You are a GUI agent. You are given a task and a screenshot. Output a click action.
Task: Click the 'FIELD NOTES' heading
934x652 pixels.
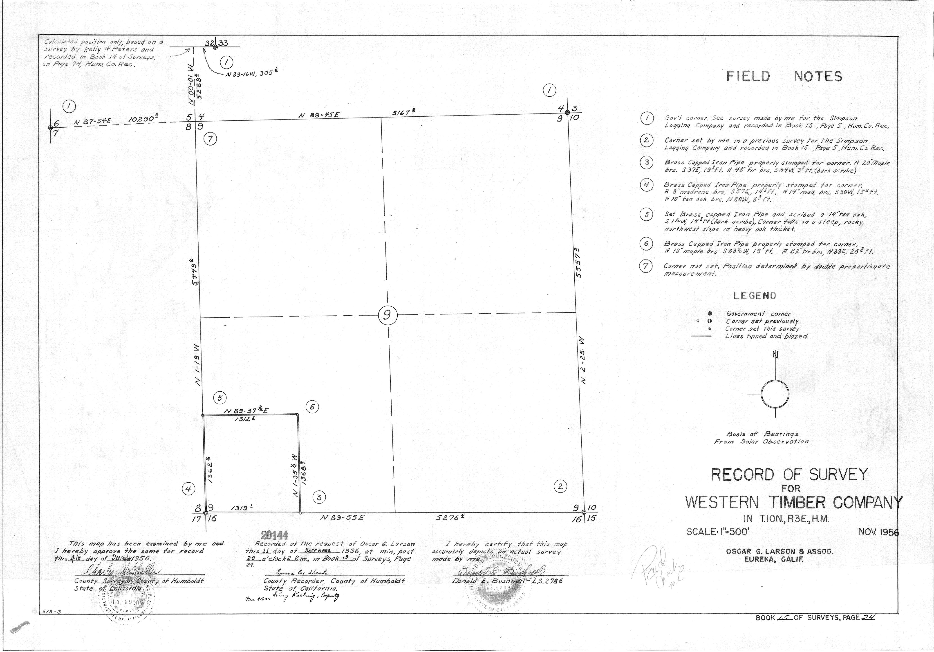(784, 76)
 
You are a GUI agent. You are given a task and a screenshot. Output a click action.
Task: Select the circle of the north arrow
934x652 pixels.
(775, 394)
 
